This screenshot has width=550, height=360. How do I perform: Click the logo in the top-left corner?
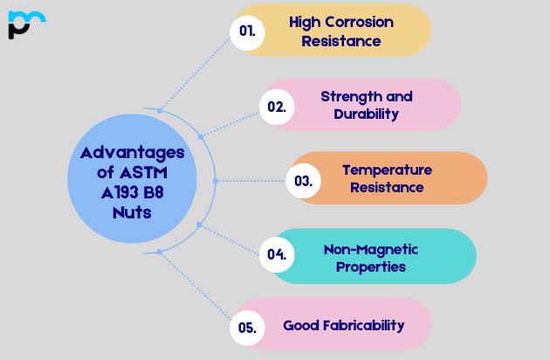pyautogui.click(x=25, y=24)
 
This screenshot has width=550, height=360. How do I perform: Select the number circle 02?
pyautogui.click(x=277, y=107)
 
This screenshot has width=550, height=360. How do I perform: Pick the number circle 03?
pyautogui.click(x=303, y=181)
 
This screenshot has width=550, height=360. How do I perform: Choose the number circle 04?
pyautogui.click(x=277, y=254)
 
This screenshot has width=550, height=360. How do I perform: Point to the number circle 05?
pyautogui.click(x=247, y=328)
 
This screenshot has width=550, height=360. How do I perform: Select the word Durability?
pyautogui.click(x=367, y=114)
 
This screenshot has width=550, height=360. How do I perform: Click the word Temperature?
pyautogui.click(x=387, y=170)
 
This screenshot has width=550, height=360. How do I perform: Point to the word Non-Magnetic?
pyautogui.click(x=371, y=249)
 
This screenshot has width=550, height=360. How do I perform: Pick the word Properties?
pyautogui.click(x=371, y=267)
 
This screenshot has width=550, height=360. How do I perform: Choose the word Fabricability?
pyautogui.click(x=361, y=325)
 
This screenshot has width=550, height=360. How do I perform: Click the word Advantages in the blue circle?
pyautogui.click(x=133, y=152)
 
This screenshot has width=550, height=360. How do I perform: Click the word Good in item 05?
pyautogui.click(x=299, y=325)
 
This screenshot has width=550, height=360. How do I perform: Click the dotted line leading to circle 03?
pyautogui.click(x=253, y=181)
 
